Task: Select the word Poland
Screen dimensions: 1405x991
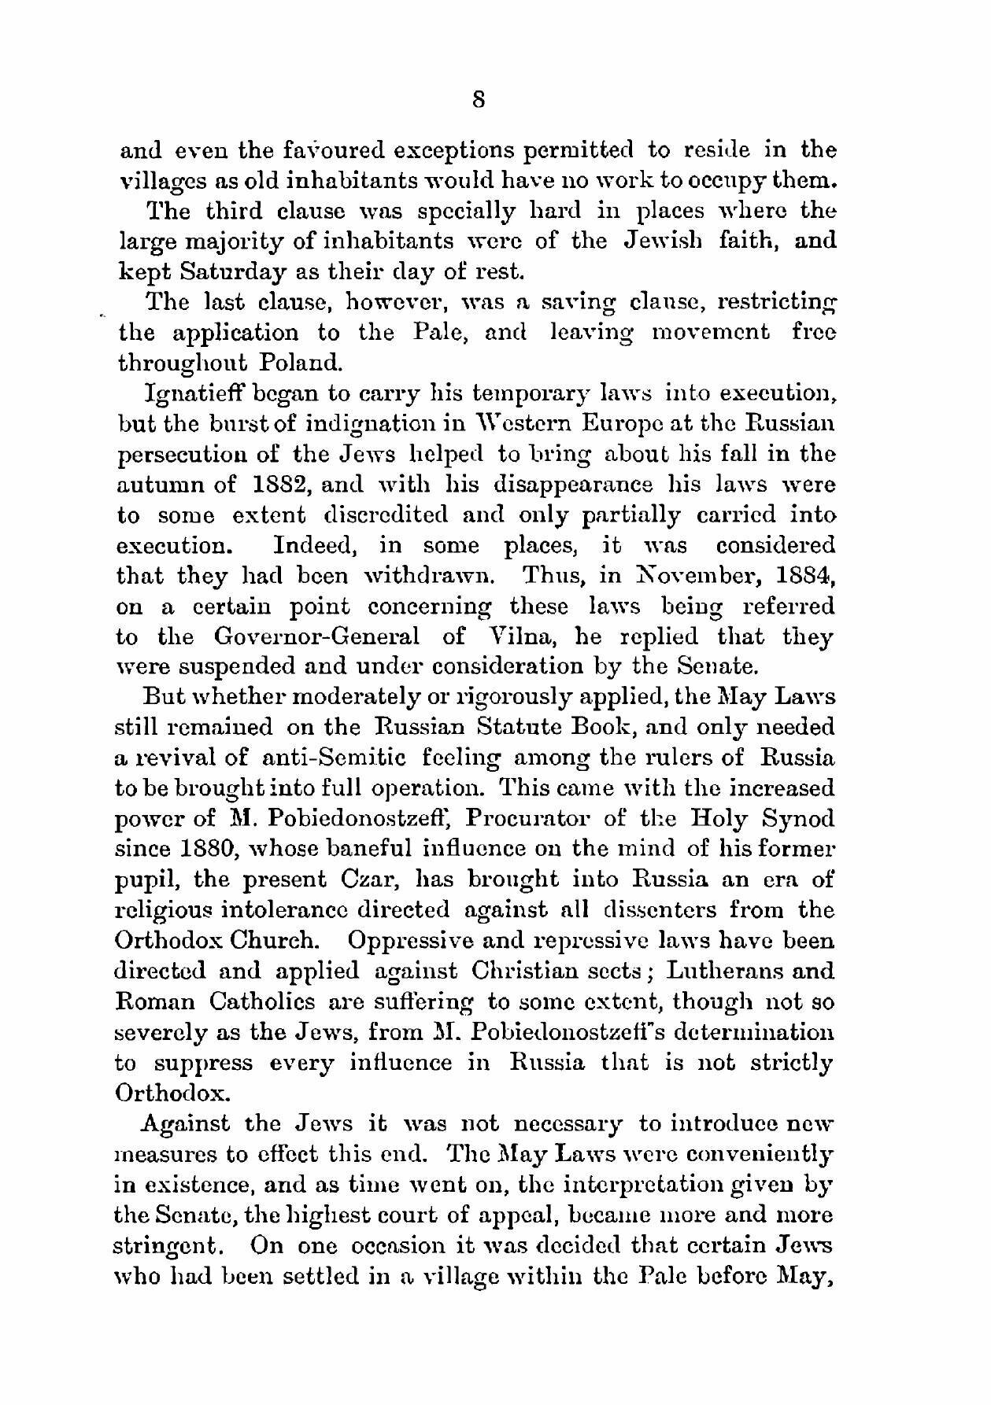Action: click(x=294, y=363)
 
